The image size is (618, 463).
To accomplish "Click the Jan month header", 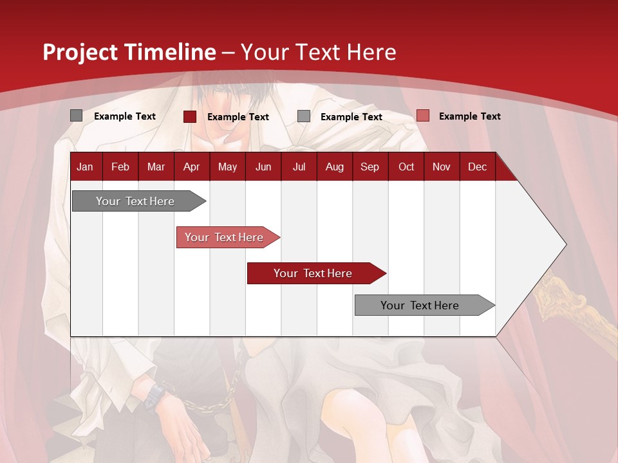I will coord(85,167).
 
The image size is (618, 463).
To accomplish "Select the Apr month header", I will coord(191,167).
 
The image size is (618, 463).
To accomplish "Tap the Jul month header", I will coord(299,167).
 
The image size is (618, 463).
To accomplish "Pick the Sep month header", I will coord(370,167).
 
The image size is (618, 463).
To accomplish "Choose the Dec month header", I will coord(477,167).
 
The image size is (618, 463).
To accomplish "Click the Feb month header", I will coord(120,167).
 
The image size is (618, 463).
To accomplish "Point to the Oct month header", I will coord(406,167).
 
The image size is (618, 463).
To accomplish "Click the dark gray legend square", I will coord(76,116).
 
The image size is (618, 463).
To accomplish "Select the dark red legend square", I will coord(190,116).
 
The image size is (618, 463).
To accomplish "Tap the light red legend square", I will coord(422,116).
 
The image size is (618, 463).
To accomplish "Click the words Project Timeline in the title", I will coord(129,52).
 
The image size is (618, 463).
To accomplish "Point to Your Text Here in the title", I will coord(319,52).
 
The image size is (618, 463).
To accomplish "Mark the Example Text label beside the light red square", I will coord(469,116).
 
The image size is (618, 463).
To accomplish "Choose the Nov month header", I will coord(442,167).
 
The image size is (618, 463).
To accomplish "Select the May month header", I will coord(227,167).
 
